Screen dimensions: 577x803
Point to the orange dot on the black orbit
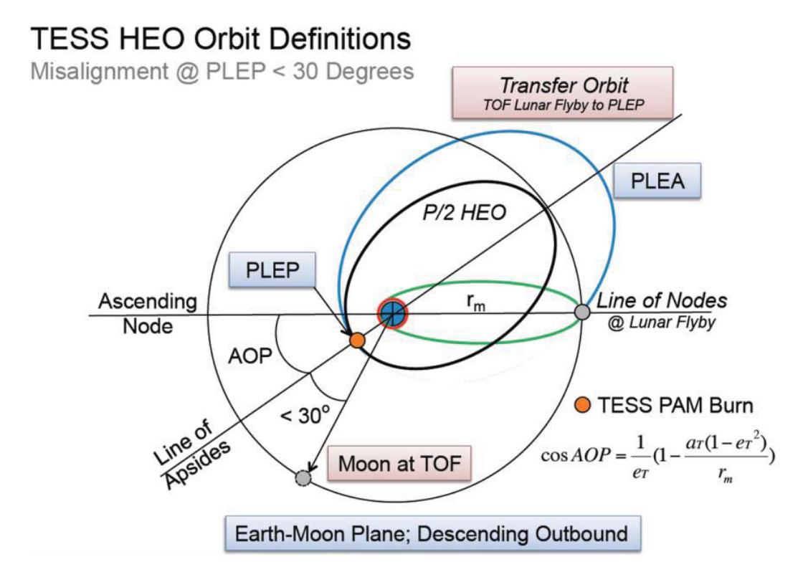point(357,341)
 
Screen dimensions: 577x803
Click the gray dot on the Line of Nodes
point(582,312)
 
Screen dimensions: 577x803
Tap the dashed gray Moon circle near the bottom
point(304,477)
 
